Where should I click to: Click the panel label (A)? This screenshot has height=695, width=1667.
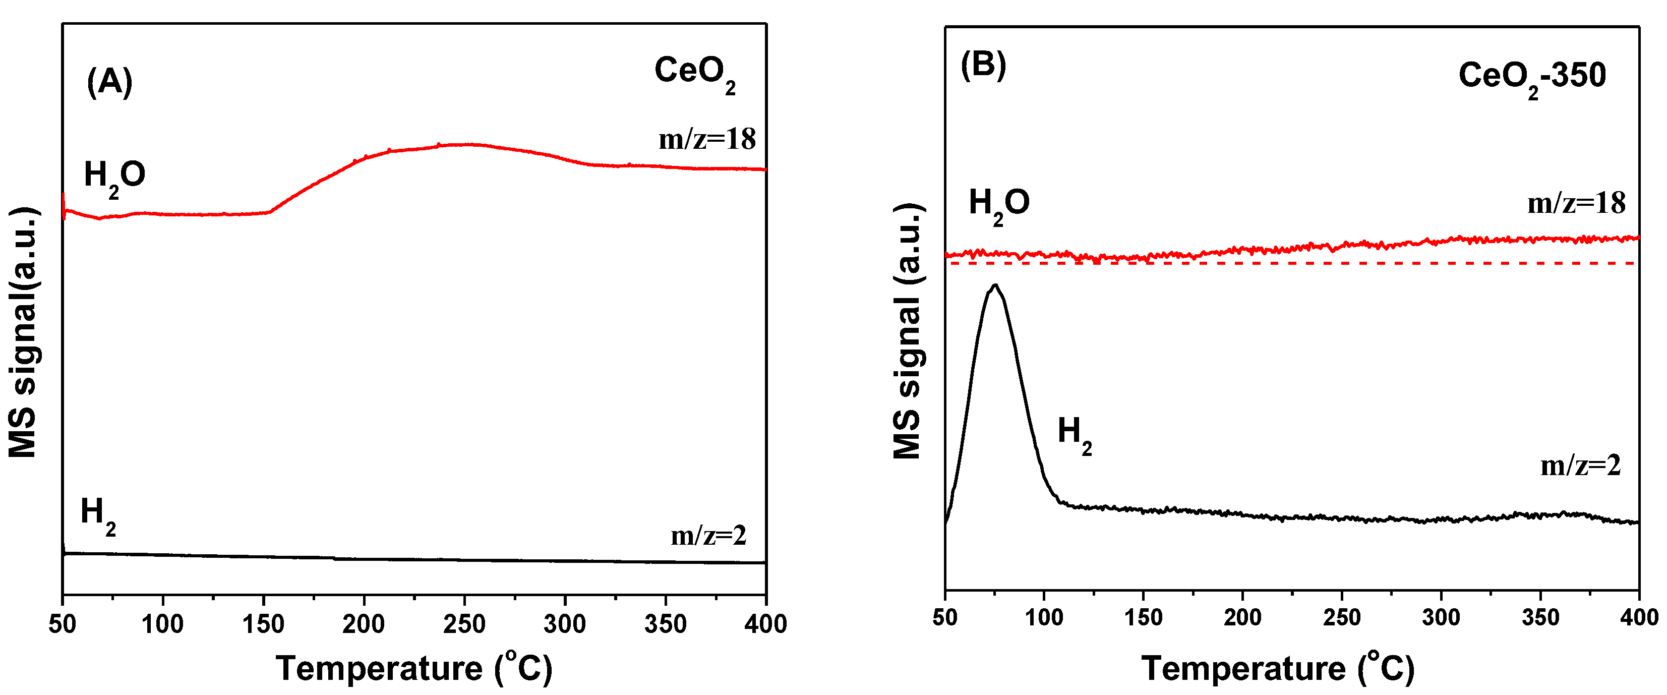pos(109,82)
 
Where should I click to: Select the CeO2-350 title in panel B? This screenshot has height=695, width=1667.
pos(1531,78)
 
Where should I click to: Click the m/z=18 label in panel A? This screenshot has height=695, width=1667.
pos(706,139)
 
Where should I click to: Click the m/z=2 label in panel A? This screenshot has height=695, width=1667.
pos(708,535)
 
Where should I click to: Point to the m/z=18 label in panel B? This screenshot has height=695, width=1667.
pos(1576,204)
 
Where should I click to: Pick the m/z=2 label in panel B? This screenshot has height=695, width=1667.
pos(1580,466)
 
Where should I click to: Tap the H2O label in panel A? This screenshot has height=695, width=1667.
pos(114,177)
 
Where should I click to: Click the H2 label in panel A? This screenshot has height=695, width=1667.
pos(98,514)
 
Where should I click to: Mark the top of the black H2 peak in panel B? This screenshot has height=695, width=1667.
pos(995,285)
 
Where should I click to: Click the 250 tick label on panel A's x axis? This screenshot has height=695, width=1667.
pos(464,624)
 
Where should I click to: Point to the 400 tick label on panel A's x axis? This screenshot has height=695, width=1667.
pos(765,624)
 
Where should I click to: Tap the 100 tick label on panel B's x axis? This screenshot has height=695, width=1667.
pos(1044,617)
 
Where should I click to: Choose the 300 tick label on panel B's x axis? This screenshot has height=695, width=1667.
pos(1441,617)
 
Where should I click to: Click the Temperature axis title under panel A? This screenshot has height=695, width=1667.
pos(414,668)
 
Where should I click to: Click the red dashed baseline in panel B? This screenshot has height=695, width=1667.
pos(1294,263)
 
